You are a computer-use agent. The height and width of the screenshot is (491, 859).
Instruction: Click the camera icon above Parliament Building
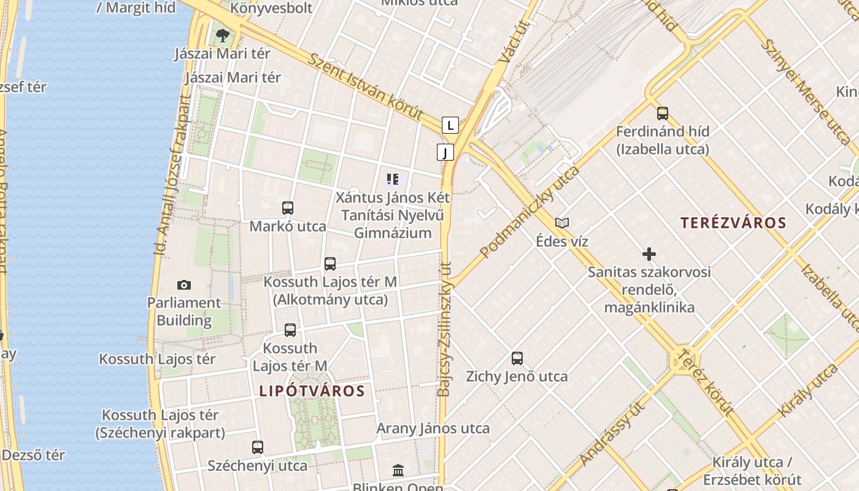pyautogui.click(x=183, y=285)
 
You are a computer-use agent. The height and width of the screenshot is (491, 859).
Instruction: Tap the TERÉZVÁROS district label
pyautogui.click(x=733, y=223)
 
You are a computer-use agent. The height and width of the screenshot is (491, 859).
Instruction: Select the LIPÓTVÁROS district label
pyautogui.click(x=312, y=391)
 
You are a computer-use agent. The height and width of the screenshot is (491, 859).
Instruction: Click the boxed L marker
pyautogui.click(x=451, y=126)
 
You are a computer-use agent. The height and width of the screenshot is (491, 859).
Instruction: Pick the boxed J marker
pyautogui.click(x=445, y=152)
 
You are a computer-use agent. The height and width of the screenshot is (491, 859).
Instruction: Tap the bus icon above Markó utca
pyautogui.click(x=288, y=208)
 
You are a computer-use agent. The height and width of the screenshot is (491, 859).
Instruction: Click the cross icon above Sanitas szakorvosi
pyautogui.click(x=649, y=254)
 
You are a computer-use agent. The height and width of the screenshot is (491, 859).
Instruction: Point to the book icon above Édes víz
pyautogui.click(x=562, y=223)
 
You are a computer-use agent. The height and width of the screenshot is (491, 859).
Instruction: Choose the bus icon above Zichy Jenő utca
pyautogui.click(x=517, y=358)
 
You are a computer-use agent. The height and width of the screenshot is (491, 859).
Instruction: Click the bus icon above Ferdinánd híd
pyautogui.click(x=663, y=114)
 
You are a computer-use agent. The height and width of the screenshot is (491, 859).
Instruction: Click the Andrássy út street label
pyautogui.click(x=612, y=434)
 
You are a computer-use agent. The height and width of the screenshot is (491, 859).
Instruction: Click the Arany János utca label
pyautogui.click(x=433, y=428)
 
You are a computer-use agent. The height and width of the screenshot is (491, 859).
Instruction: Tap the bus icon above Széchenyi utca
pyautogui.click(x=258, y=447)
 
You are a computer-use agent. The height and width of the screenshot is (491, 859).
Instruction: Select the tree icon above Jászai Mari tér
pyautogui.click(x=223, y=34)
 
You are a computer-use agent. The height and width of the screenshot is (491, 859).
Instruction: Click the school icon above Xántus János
pyautogui.click(x=393, y=180)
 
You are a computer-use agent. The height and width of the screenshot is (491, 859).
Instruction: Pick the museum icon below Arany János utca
pyautogui.click(x=398, y=471)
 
